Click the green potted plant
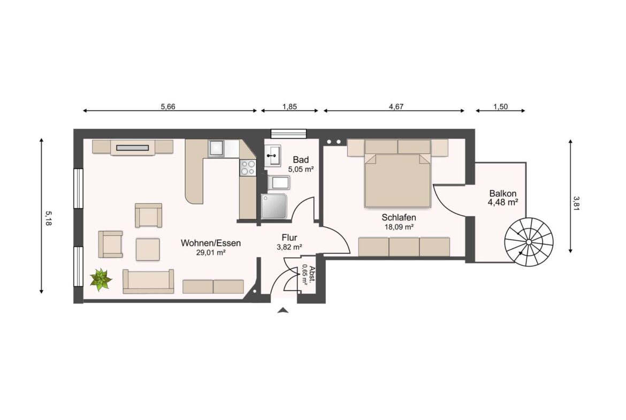[101, 279]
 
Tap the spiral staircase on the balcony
[529, 242]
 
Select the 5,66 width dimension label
[168, 106]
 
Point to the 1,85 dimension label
[289, 106]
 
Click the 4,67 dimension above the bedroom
[396, 106]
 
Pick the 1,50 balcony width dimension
[500, 106]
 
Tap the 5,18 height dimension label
[49, 218]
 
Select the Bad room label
[301, 159]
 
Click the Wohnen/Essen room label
[211, 243]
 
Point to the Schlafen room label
[399, 218]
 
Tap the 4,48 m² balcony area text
[502, 202]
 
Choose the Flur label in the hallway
[289, 238]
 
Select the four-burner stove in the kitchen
[248, 167]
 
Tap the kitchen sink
[217, 148]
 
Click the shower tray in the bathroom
[274, 206]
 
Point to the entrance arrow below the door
[283, 310]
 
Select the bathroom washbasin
[273, 155]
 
